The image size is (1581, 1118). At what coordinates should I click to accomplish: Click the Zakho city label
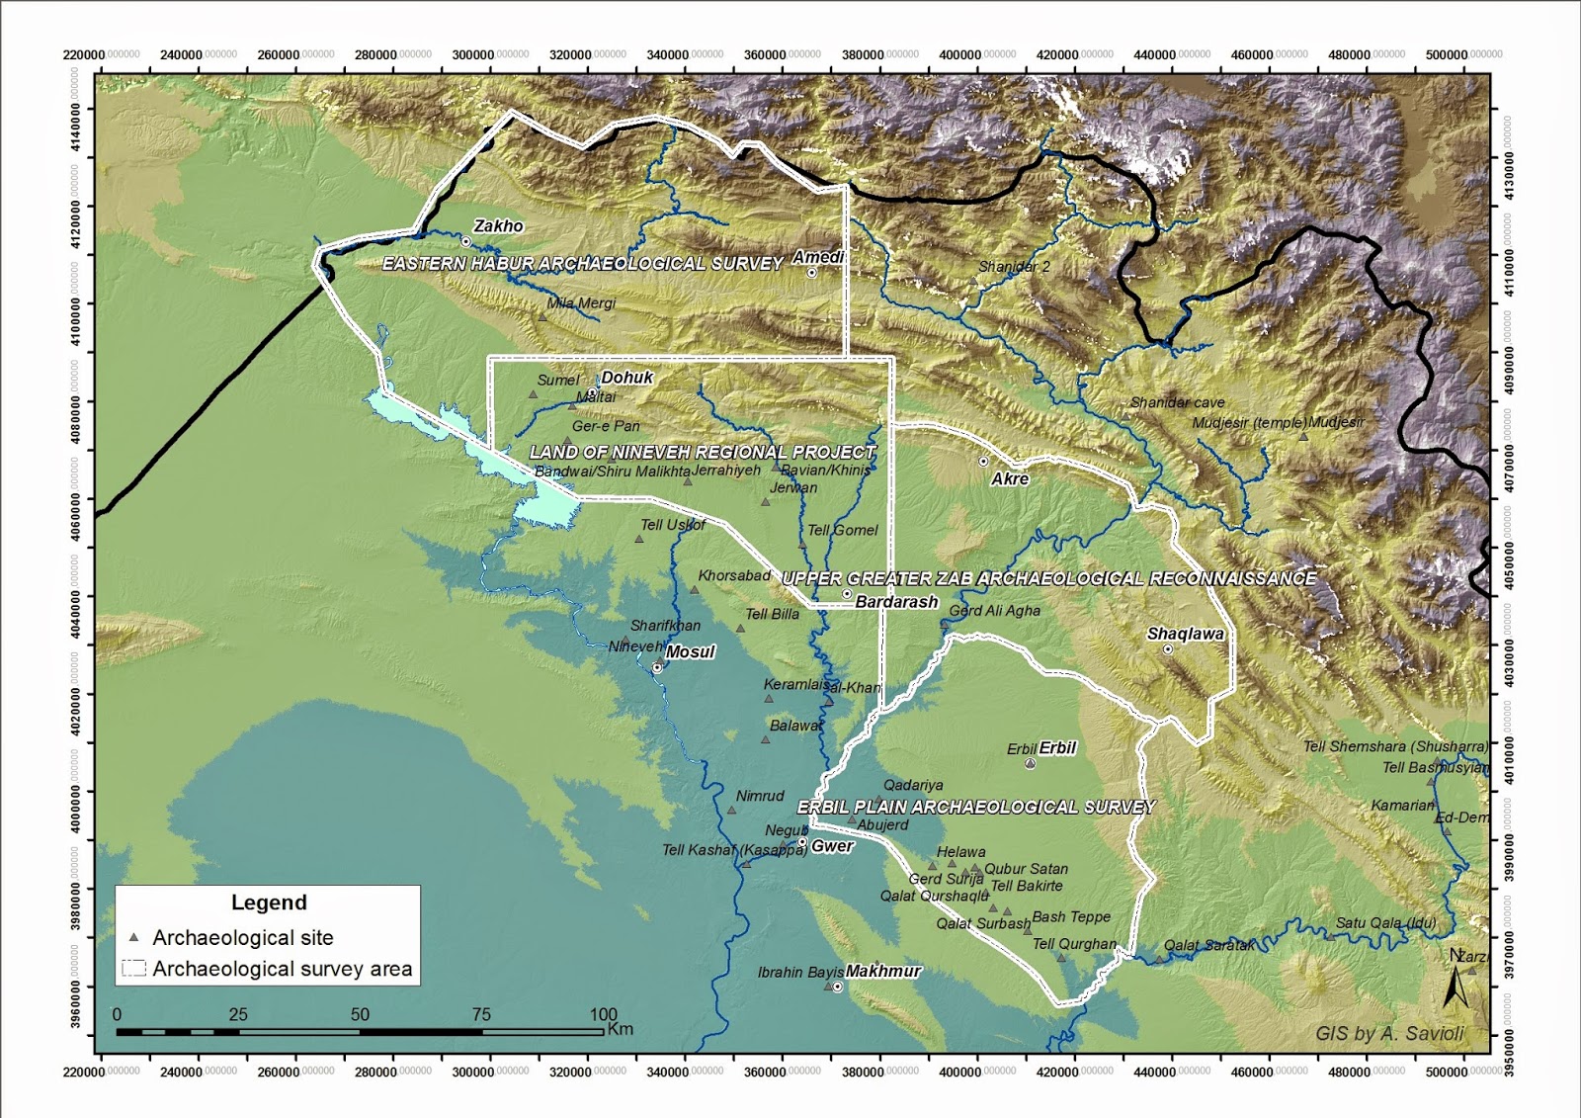click(498, 226)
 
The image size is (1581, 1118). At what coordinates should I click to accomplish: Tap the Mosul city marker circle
click(657, 668)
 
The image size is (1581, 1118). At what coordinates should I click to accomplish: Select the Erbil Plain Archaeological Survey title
click(976, 807)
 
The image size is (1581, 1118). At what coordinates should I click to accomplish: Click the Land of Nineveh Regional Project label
click(703, 452)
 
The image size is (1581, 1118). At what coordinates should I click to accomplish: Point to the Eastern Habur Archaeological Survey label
click(583, 264)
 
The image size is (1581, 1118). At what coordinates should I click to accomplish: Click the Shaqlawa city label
click(1185, 635)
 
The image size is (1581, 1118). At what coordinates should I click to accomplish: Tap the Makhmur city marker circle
click(838, 987)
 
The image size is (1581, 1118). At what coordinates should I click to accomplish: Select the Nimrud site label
click(760, 796)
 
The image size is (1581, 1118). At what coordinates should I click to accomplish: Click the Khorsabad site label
click(734, 575)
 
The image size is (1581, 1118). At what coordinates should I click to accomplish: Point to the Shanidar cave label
click(1177, 402)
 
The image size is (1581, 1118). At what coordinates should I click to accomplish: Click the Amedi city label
click(818, 257)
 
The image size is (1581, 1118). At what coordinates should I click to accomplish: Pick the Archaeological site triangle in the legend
click(134, 937)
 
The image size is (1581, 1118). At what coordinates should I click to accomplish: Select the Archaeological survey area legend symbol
click(133, 969)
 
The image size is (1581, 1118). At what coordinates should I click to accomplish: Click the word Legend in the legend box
click(269, 903)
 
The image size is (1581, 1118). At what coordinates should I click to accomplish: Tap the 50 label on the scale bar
click(359, 1015)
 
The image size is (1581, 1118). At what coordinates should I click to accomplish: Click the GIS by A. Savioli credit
click(1389, 1034)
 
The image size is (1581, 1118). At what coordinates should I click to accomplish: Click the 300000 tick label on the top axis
click(473, 55)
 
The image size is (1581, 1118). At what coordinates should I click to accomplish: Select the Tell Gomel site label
click(842, 530)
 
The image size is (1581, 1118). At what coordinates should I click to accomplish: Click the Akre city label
click(1010, 478)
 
